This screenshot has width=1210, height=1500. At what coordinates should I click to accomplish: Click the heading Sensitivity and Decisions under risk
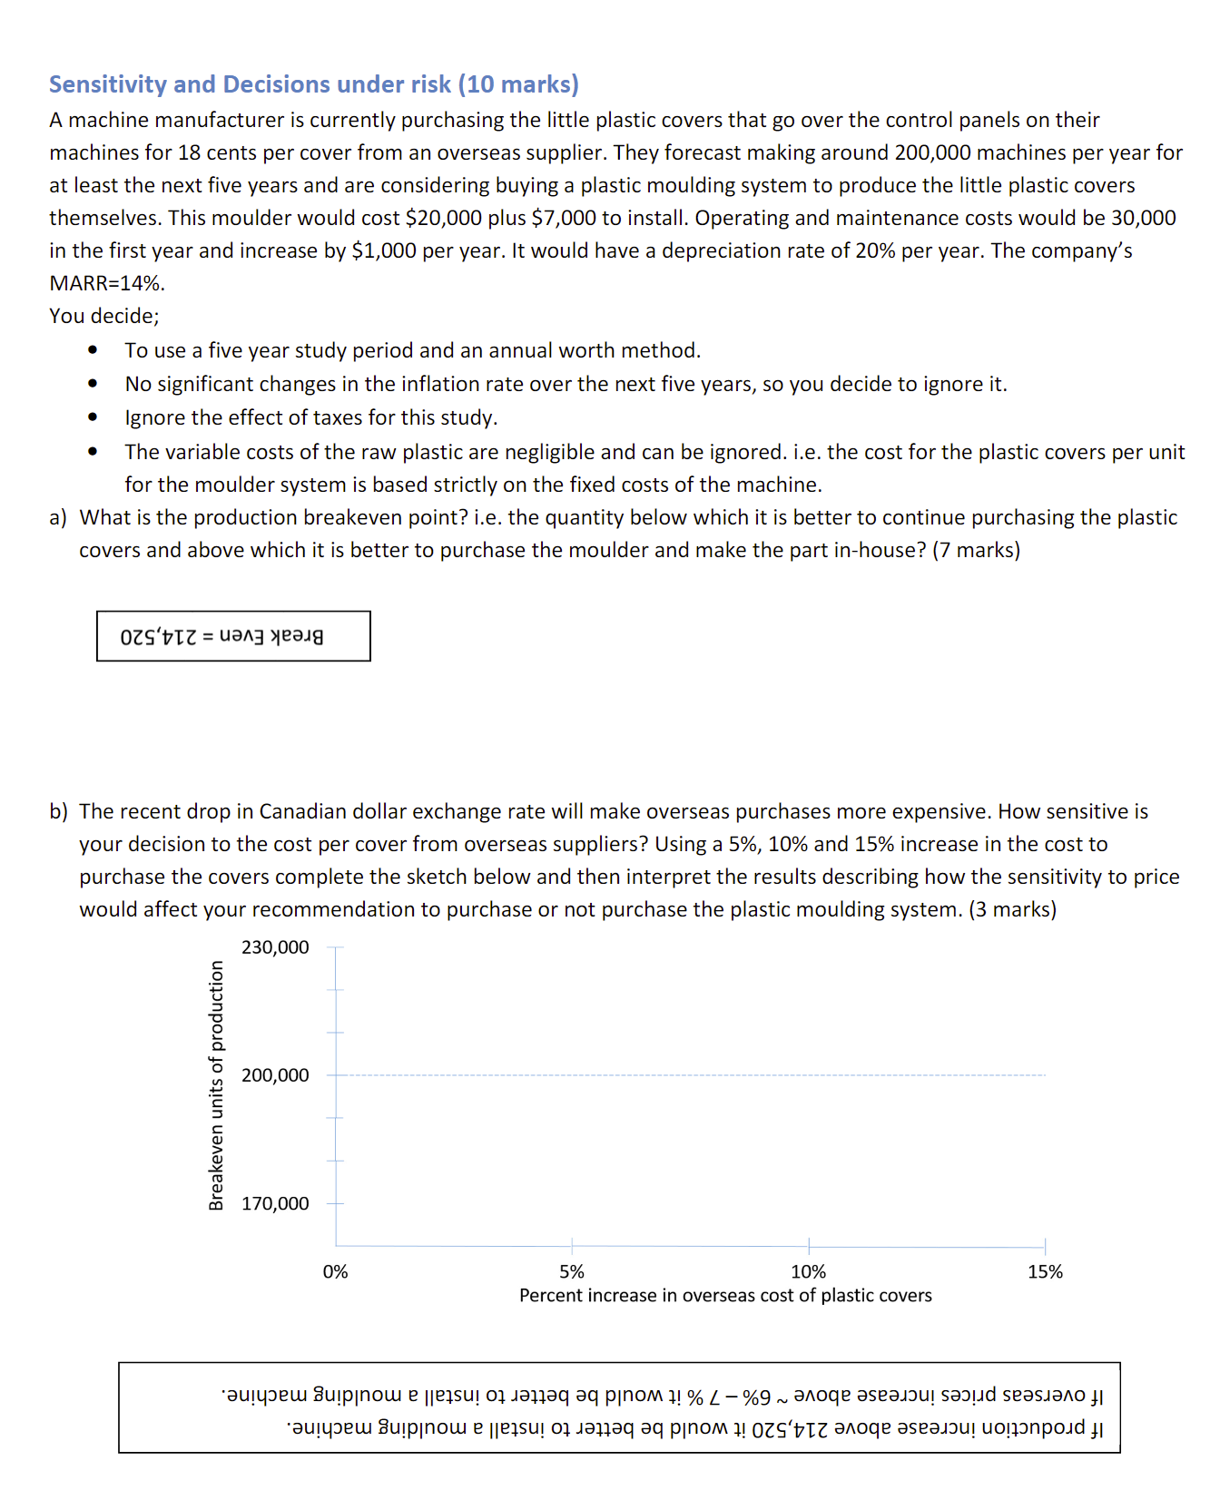pyautogui.click(x=313, y=84)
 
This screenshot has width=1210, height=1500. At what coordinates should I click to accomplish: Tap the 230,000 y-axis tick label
pyautogui.click(x=275, y=947)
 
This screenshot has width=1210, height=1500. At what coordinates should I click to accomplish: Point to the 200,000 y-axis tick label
pyautogui.click(x=275, y=1075)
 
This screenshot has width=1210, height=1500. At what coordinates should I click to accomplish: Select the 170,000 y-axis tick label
pyautogui.click(x=275, y=1203)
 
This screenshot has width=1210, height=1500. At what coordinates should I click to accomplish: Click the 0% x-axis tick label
pyautogui.click(x=335, y=1272)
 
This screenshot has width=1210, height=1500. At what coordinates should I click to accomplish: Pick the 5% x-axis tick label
pyautogui.click(x=572, y=1272)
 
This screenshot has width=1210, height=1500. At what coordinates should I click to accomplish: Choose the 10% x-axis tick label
pyautogui.click(x=808, y=1272)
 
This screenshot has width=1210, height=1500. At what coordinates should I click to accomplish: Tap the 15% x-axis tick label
pyautogui.click(x=1045, y=1272)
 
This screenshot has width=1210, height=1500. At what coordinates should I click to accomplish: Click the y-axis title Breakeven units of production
pyautogui.click(x=216, y=1085)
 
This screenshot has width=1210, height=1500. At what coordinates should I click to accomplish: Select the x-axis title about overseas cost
pyautogui.click(x=725, y=1296)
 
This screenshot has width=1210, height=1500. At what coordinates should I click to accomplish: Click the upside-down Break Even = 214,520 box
pyautogui.click(x=233, y=636)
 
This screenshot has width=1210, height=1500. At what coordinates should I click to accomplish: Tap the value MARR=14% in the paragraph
pyautogui.click(x=106, y=283)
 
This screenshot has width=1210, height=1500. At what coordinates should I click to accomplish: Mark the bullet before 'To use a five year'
pyautogui.click(x=93, y=350)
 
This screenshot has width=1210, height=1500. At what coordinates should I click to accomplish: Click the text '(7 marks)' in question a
pyautogui.click(x=976, y=551)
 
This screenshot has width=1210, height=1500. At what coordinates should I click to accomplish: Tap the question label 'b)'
pyautogui.click(x=58, y=812)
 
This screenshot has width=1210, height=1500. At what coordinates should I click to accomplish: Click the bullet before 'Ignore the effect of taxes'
pyautogui.click(x=93, y=417)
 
